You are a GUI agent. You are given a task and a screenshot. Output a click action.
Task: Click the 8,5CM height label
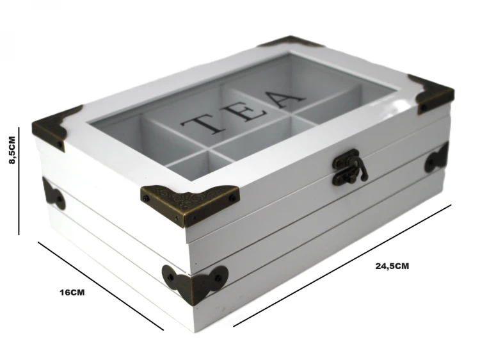coord(12,150)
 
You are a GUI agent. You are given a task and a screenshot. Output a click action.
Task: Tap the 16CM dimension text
coord(72,293)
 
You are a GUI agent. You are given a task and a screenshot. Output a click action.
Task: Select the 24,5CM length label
coord(392,266)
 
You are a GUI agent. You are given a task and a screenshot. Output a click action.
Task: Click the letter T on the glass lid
coord(203,124)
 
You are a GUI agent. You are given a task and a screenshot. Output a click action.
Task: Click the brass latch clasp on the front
coord(350,168)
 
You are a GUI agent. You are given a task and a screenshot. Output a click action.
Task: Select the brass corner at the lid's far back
coord(291,42)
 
